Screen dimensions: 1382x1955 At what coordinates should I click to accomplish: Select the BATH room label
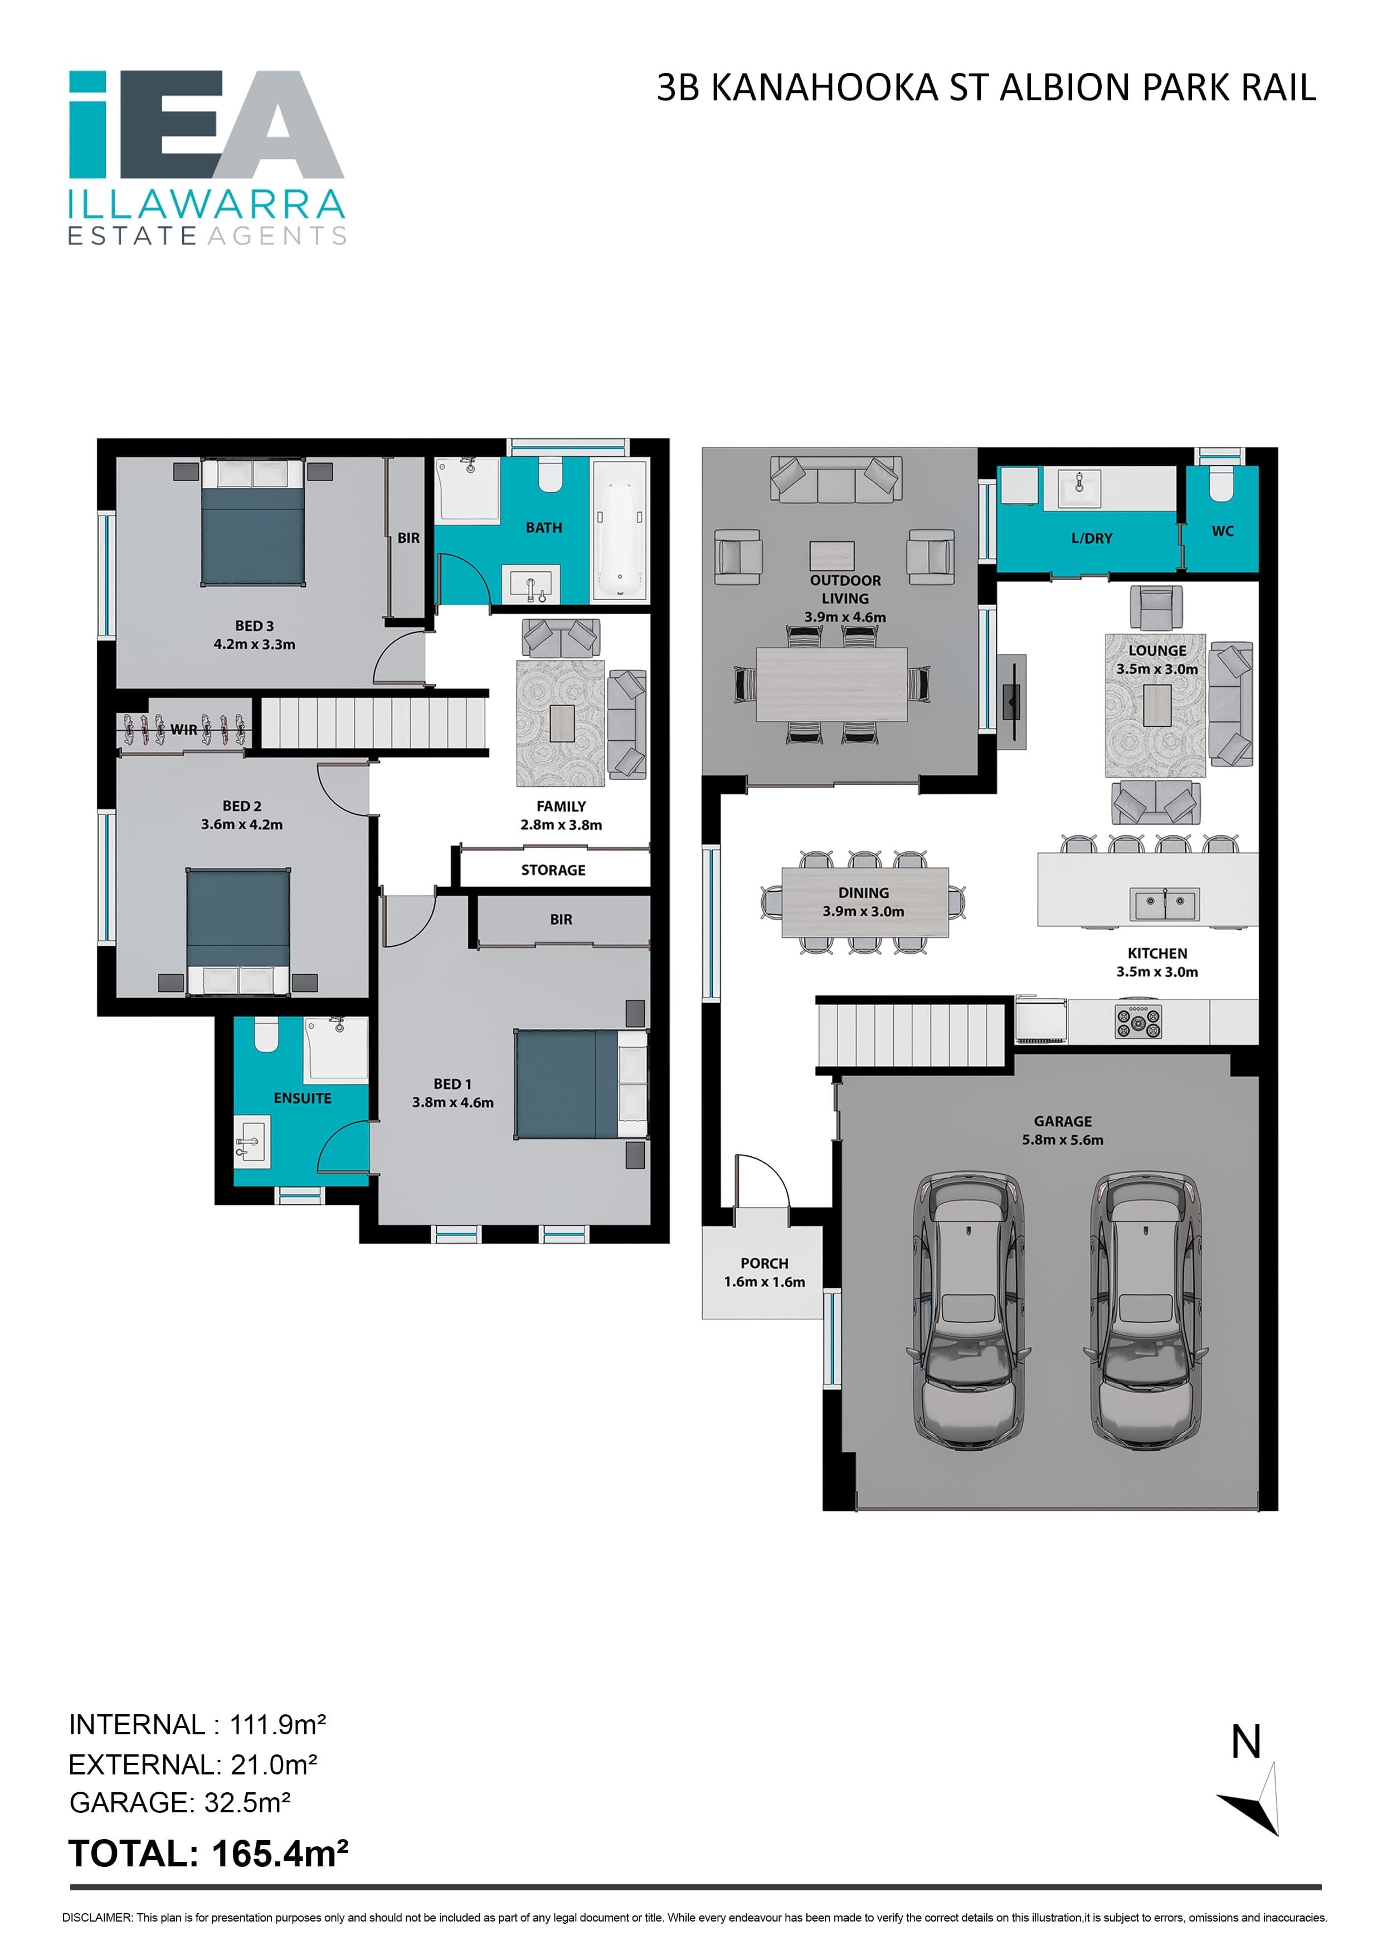[543, 528]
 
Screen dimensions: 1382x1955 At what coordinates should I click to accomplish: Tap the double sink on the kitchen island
[1164, 903]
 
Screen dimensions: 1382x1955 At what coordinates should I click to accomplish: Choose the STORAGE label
[553, 870]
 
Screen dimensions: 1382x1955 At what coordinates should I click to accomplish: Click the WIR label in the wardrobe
[184, 730]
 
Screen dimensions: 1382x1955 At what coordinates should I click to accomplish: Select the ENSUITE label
[302, 1098]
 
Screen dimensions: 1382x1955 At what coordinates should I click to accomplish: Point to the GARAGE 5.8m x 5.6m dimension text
[1063, 1140]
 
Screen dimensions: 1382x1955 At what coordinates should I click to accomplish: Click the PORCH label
[764, 1263]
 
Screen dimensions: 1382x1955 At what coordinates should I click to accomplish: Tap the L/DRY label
[1092, 538]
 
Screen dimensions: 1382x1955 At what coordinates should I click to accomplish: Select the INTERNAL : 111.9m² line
[198, 1724]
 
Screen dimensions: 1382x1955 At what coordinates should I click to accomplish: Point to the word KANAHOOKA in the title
[824, 87]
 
